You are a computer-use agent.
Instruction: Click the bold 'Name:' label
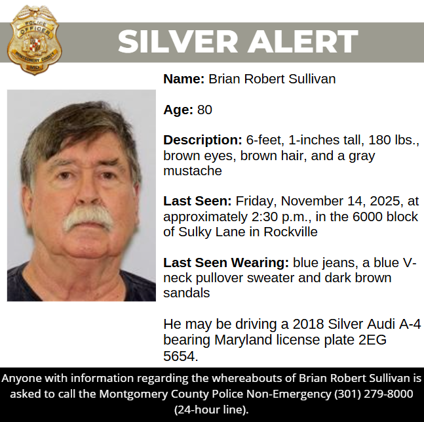[x=184, y=79]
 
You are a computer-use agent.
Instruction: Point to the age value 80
[x=204, y=110]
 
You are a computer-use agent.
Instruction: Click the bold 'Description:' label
[x=203, y=140]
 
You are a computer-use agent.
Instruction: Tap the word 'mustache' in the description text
[x=193, y=171]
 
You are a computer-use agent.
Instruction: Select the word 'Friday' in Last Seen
[x=255, y=201]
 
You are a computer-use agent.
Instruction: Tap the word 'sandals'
[x=187, y=293]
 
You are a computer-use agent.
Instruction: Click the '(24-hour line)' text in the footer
[x=211, y=409]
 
